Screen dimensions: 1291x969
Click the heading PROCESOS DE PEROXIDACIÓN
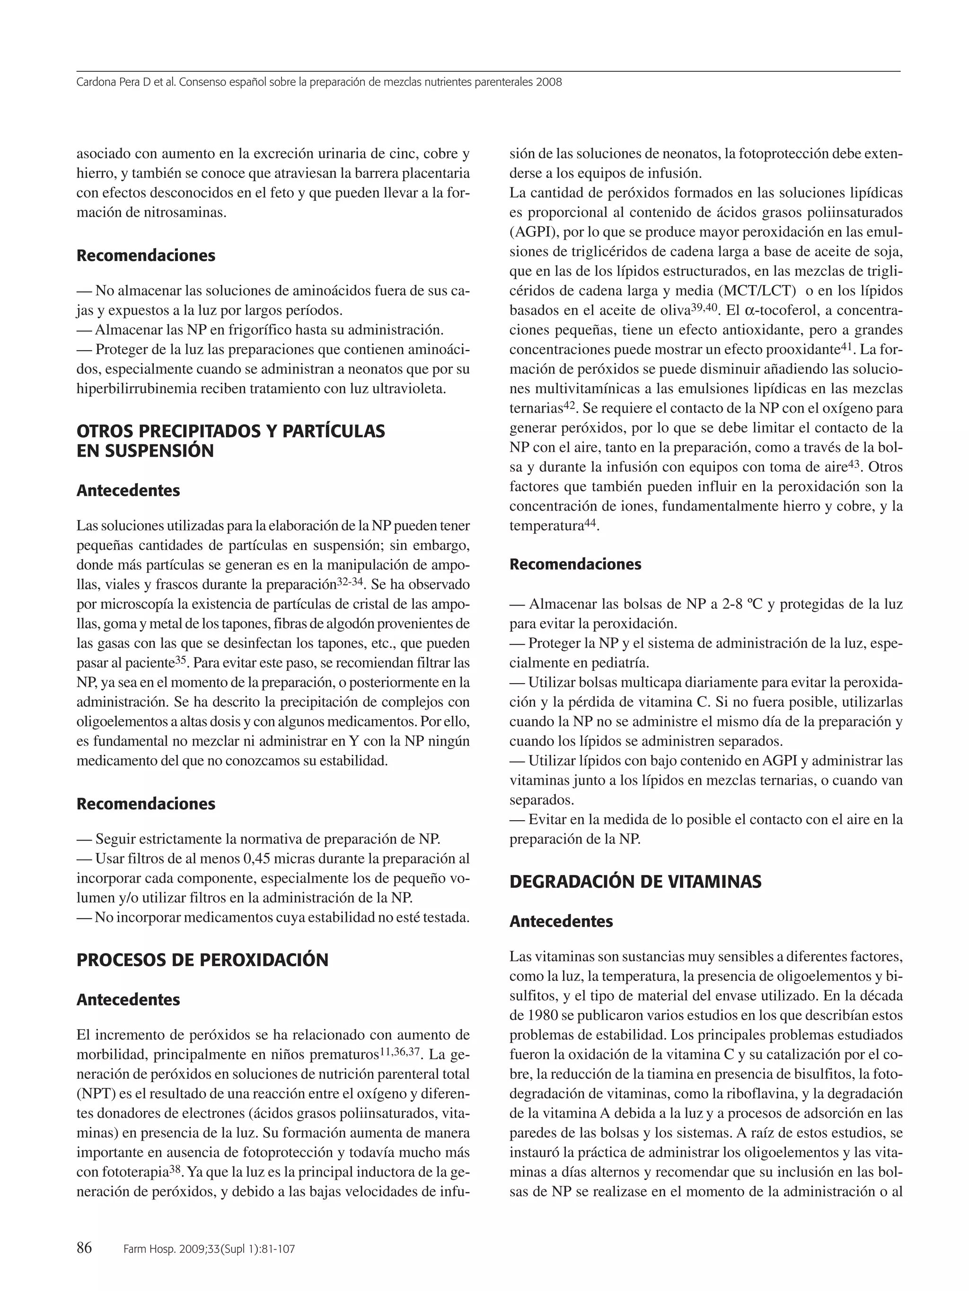[x=202, y=960]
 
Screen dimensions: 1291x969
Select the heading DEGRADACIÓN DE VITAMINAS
[x=635, y=881]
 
